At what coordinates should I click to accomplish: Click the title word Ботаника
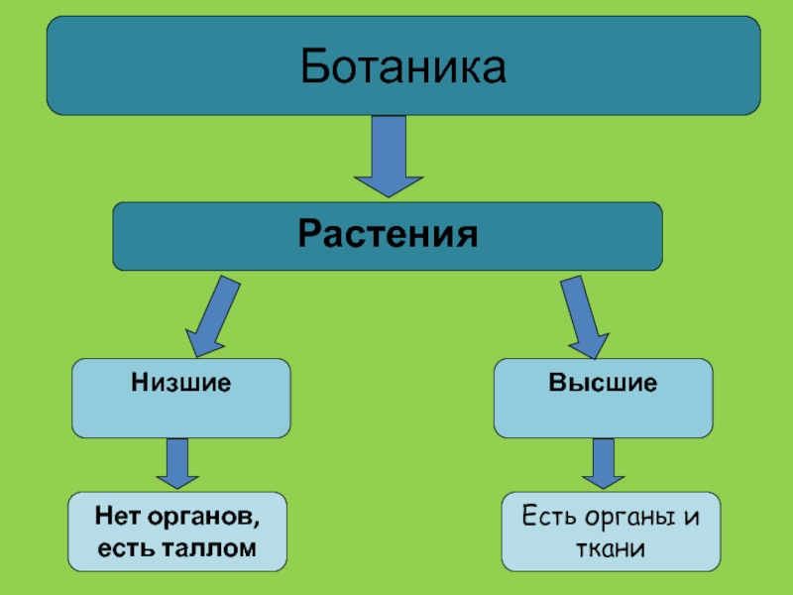(402, 66)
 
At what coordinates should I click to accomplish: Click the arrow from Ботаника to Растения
(389, 156)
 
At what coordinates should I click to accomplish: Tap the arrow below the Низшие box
(178, 463)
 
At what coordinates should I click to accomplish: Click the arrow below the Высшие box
(603, 463)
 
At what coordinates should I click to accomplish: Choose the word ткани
(612, 547)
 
